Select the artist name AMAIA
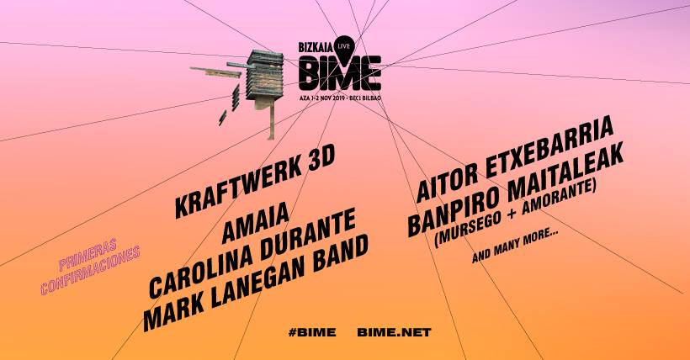(255, 223)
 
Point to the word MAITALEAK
(565, 171)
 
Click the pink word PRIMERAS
(88, 255)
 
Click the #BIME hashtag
(312, 333)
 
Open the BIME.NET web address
(394, 333)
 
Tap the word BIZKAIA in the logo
(316, 47)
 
